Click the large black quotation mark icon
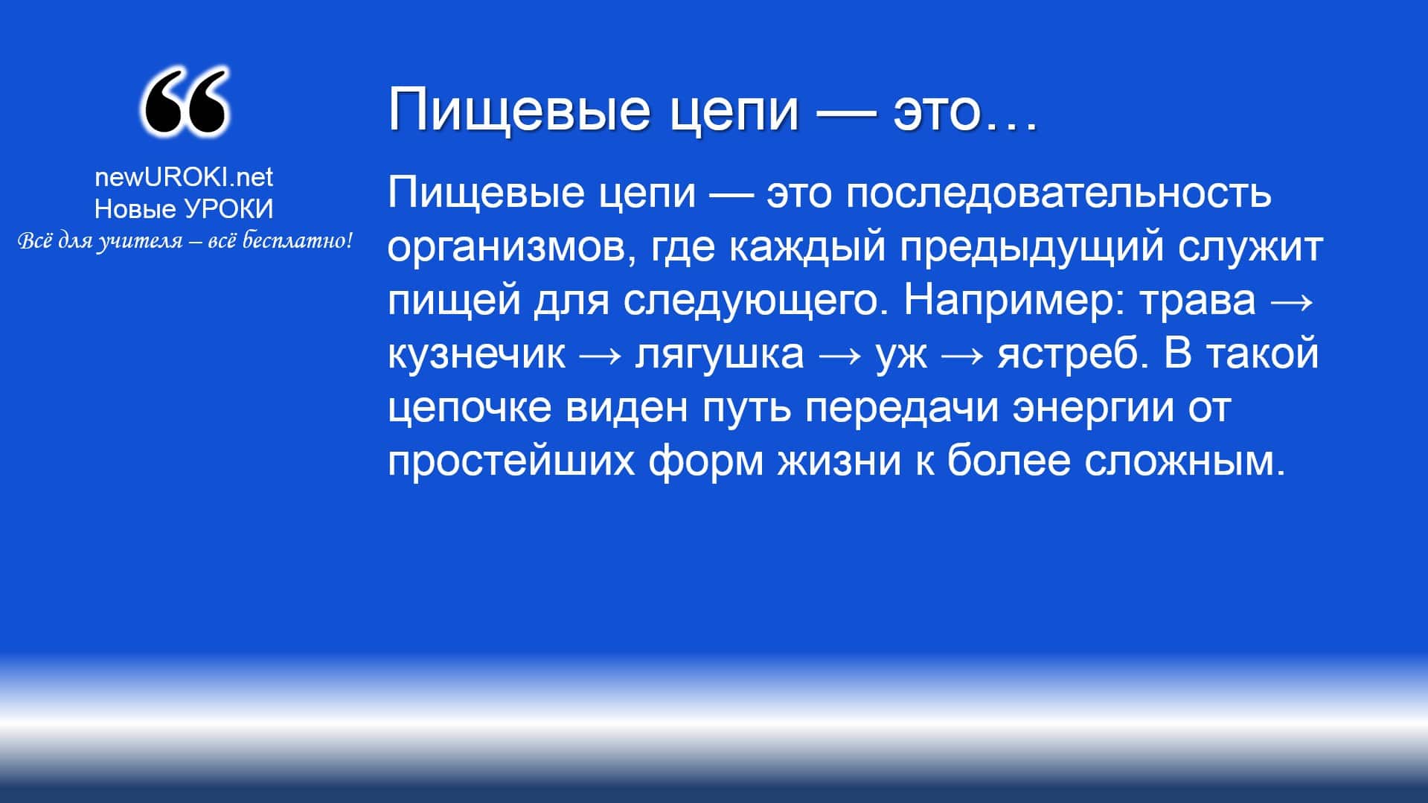pyautogui.click(x=184, y=103)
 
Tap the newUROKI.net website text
pyautogui.click(x=184, y=177)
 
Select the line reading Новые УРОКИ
pyautogui.click(x=184, y=209)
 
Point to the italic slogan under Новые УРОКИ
pyautogui.click(x=184, y=241)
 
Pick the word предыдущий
pyautogui.click(x=1031, y=247)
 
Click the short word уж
pyautogui.click(x=901, y=355)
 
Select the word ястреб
pyautogui.click(x=1068, y=353)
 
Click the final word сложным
pyautogui.click(x=1185, y=461)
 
